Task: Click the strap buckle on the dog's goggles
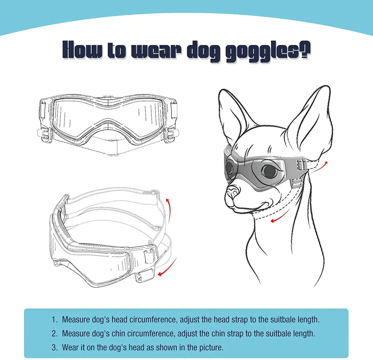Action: point(301,166)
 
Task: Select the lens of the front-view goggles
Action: point(109,116)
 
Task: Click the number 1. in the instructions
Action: point(55,320)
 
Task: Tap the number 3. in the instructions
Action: point(55,347)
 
